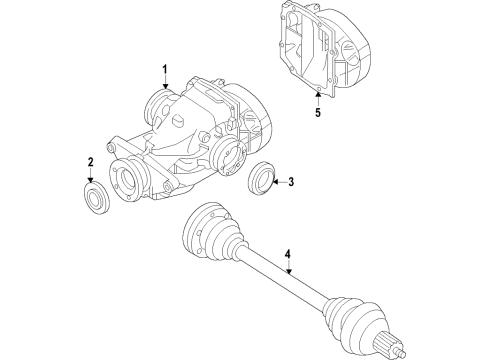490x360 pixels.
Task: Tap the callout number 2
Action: click(x=90, y=162)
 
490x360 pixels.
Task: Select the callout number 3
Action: click(x=291, y=182)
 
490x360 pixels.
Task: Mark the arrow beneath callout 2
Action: click(x=90, y=176)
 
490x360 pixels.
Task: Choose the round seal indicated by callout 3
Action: click(x=262, y=177)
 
